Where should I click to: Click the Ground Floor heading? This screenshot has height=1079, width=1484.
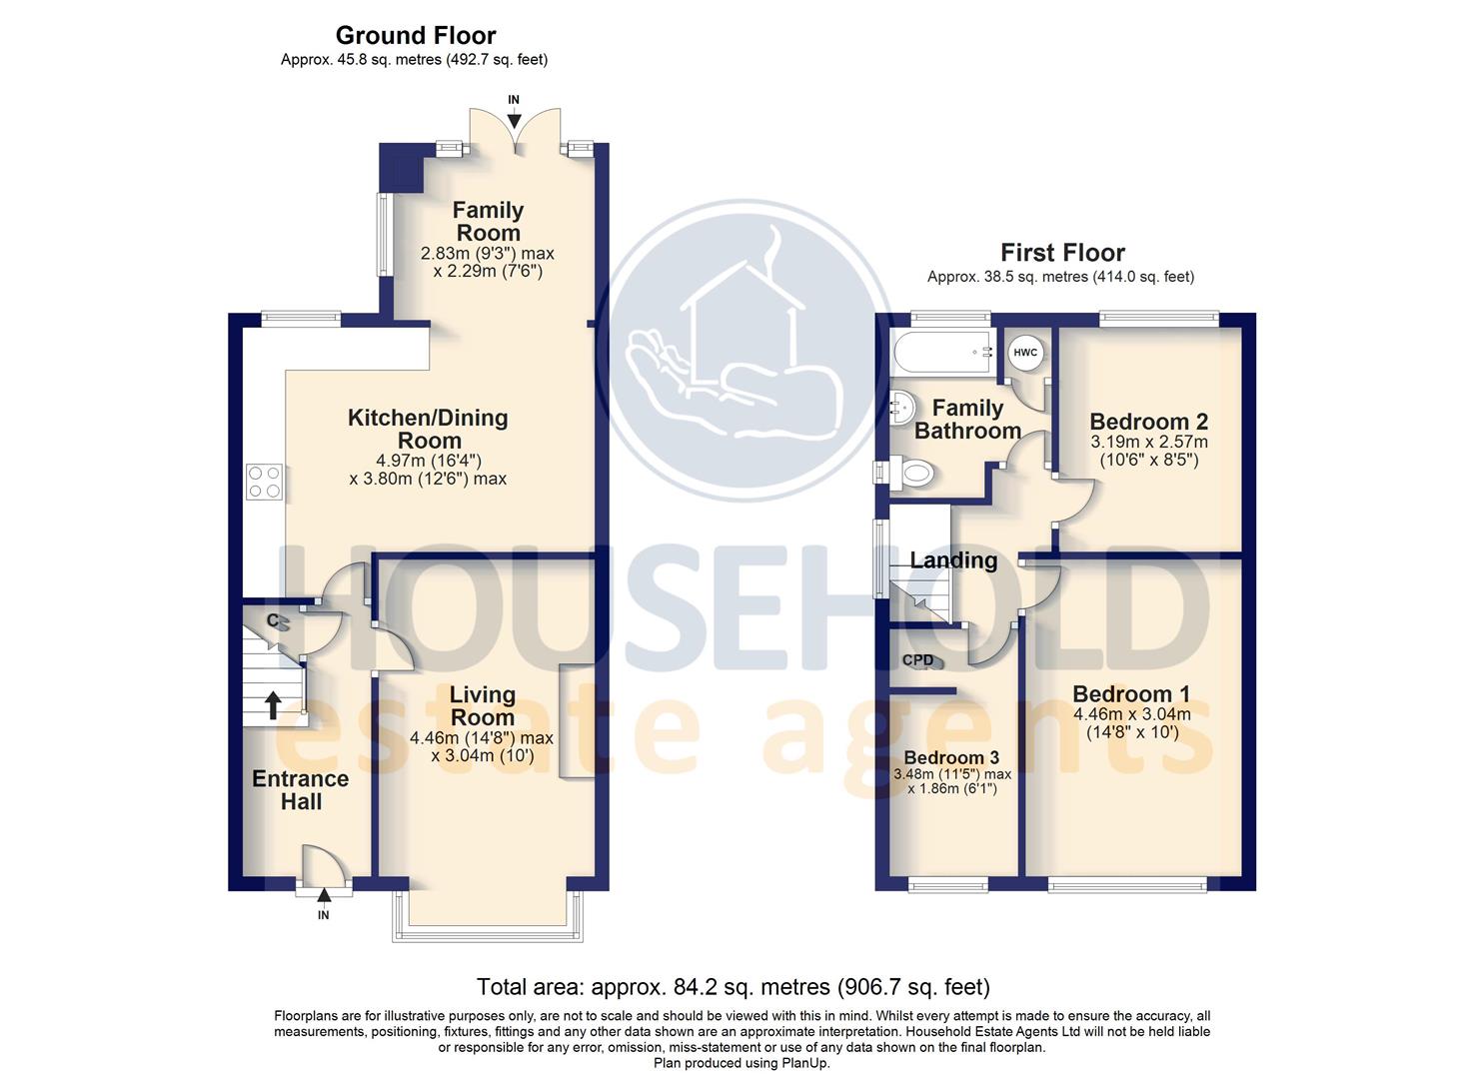416,36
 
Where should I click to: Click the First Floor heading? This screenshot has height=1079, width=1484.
1062,253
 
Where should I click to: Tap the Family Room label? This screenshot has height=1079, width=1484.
488,221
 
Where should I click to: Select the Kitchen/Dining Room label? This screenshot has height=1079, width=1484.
428,429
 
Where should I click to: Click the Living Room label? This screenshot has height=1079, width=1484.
482,705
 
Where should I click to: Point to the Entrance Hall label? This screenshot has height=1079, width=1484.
300,789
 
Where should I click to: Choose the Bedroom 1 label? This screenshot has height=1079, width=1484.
1131,694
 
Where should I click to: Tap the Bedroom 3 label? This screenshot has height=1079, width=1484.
951,757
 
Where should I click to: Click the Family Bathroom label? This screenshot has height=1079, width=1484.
967,420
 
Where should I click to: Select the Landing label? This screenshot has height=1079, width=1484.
953,560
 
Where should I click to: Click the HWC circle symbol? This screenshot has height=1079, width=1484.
1025,353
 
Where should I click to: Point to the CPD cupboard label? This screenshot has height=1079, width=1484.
917,660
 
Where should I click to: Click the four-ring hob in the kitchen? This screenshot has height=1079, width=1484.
264,482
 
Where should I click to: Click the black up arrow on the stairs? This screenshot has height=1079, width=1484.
272,705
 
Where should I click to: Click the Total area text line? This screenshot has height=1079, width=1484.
733,987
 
